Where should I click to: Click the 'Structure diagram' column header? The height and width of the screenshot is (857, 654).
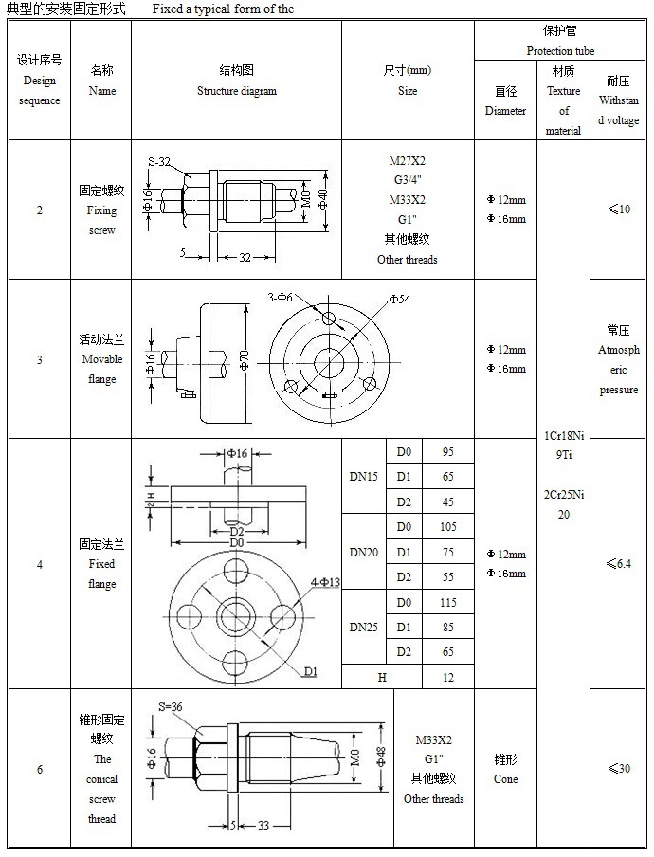(x=236, y=81)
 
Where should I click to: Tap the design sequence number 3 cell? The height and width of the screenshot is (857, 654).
(x=39, y=359)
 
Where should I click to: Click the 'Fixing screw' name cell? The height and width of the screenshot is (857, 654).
(x=101, y=210)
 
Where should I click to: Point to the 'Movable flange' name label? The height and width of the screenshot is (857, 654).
(x=101, y=359)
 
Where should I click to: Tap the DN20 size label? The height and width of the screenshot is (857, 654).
(x=363, y=552)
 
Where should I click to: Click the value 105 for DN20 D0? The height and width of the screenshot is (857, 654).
(x=447, y=527)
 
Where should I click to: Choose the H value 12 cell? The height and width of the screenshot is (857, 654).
(x=447, y=678)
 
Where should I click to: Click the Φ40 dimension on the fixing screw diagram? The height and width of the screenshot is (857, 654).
(x=322, y=200)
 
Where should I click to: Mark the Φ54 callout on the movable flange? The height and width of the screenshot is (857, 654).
(x=399, y=301)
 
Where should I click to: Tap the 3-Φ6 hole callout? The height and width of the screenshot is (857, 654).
(x=281, y=298)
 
